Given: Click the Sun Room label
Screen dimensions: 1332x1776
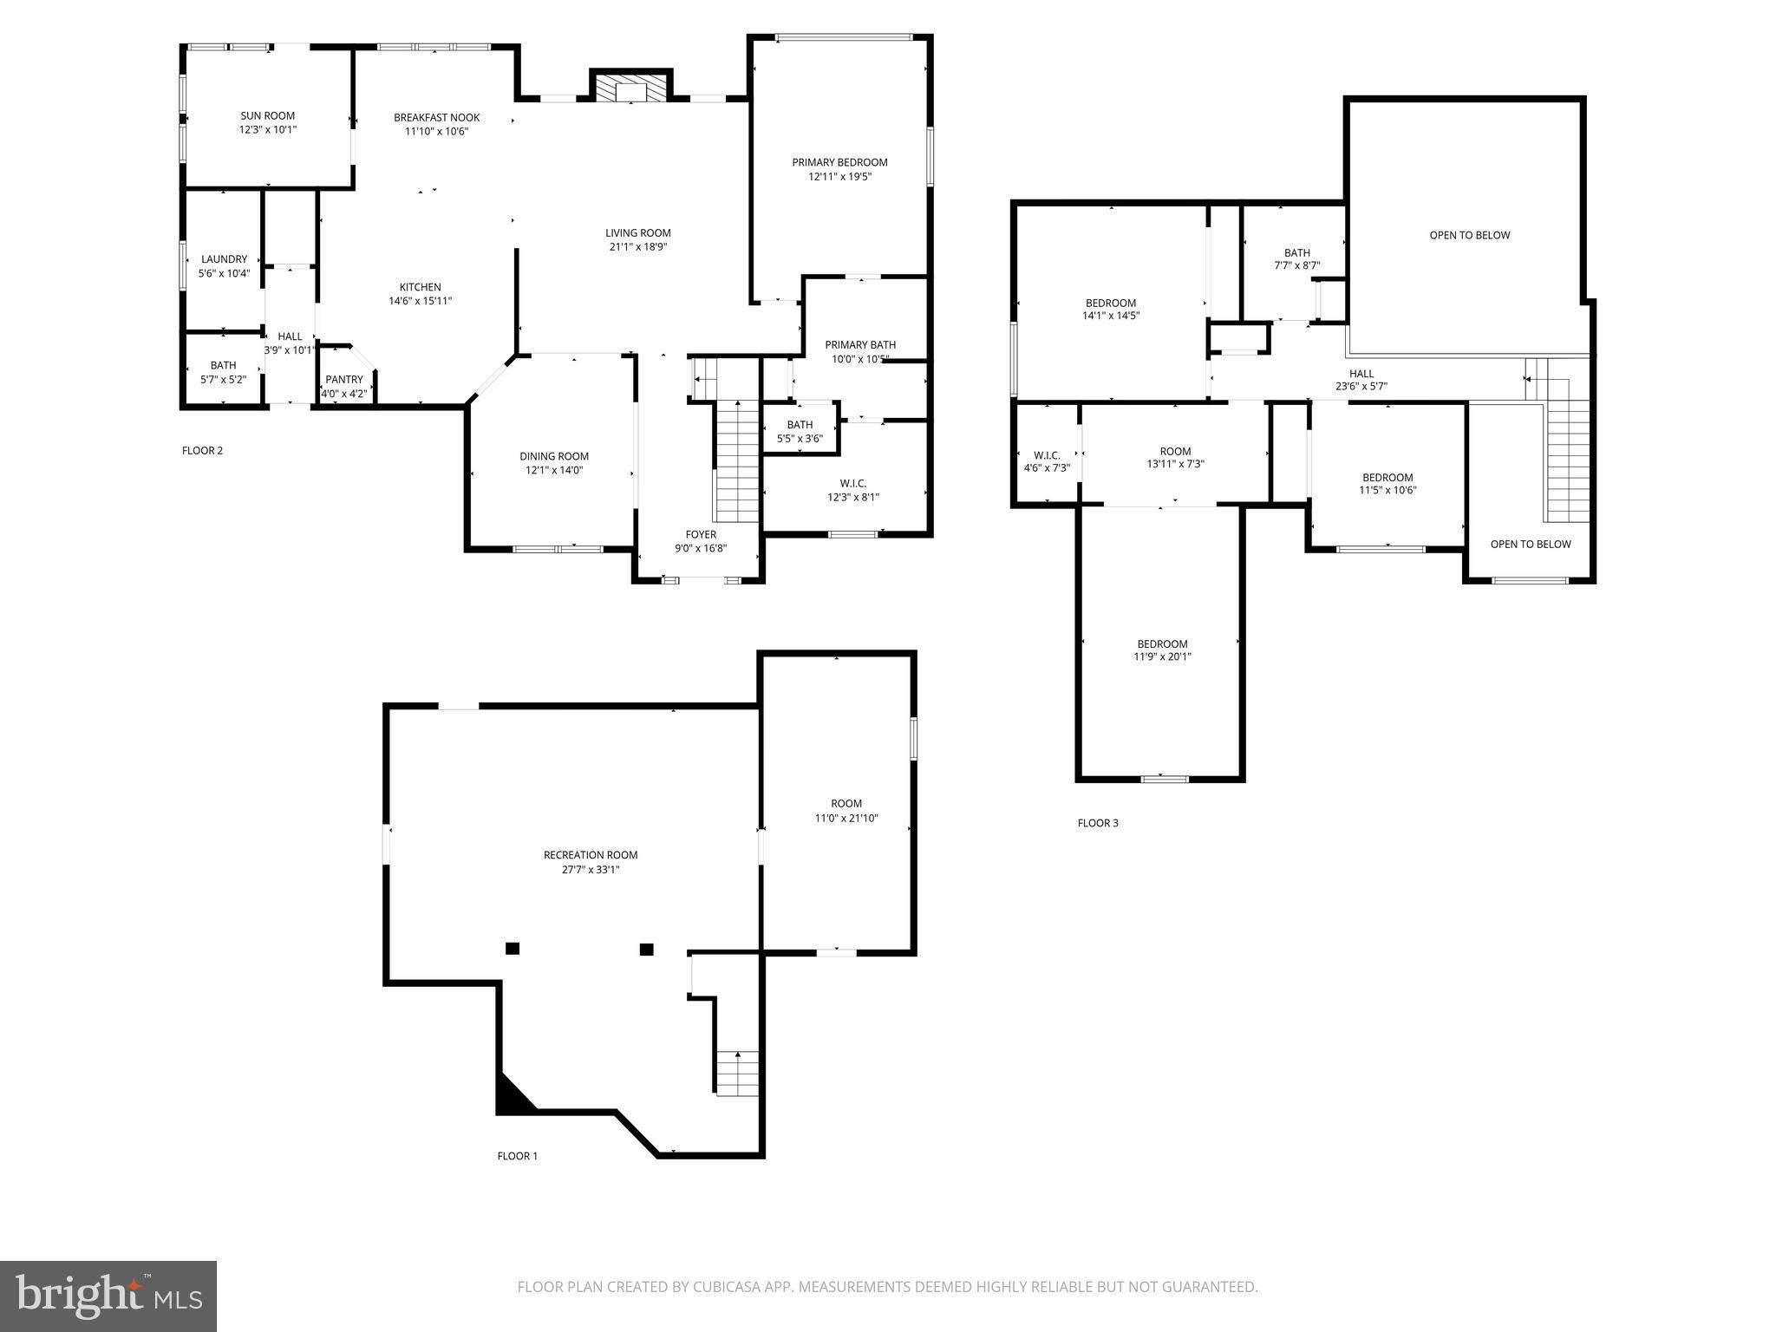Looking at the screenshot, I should coord(267,115).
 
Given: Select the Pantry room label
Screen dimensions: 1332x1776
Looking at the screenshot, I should coord(344,380).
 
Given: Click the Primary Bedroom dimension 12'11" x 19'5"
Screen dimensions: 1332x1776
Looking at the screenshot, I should coord(839,176).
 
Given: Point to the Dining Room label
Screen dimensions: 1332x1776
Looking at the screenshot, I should coord(554,456).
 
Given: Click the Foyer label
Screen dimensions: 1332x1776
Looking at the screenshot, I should coord(701,534).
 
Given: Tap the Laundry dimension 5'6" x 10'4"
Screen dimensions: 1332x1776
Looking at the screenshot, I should coord(224,273).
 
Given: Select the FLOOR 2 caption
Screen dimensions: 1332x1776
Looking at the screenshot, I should coord(202,450).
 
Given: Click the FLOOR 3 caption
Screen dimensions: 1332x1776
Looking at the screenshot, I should coord(1098,823).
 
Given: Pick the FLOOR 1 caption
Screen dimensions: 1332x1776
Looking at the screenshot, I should coord(517,1156).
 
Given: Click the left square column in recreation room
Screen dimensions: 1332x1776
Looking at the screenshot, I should coord(513,949).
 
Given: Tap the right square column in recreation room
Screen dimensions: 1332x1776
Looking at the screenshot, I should coord(646,949).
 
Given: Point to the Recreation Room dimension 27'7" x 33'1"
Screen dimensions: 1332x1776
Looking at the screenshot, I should coord(590,869).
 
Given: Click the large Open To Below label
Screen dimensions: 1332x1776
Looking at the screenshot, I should coord(1469,235).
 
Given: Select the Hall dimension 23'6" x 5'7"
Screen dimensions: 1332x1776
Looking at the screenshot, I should coord(1361,387).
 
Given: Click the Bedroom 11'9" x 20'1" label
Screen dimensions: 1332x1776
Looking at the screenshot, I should coord(1162,643).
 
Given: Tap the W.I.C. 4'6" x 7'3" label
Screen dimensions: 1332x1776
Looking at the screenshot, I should coord(1047,455).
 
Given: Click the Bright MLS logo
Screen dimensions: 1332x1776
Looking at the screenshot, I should coord(108,1296).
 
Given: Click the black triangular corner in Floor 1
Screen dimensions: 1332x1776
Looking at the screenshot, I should coord(510,1099).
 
